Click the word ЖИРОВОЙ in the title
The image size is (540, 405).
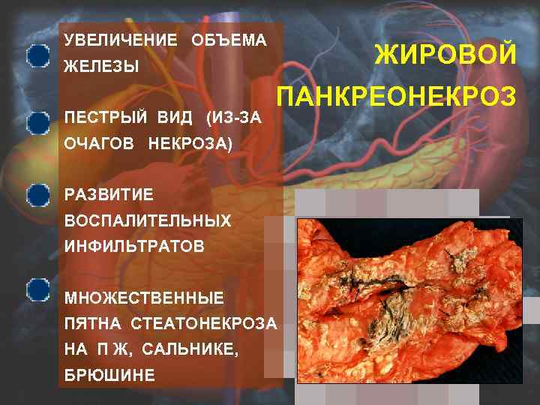click(445, 55)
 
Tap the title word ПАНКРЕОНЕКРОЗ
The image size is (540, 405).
click(397, 97)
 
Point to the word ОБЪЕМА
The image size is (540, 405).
click(229, 40)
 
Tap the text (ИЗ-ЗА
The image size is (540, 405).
click(235, 118)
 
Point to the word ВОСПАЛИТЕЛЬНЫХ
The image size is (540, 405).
click(148, 221)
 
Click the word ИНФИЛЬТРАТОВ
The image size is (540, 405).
click(134, 247)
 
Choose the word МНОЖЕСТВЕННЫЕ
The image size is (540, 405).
click(144, 298)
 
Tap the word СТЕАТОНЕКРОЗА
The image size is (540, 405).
click(204, 325)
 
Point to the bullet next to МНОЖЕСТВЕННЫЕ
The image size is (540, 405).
click(36, 289)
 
